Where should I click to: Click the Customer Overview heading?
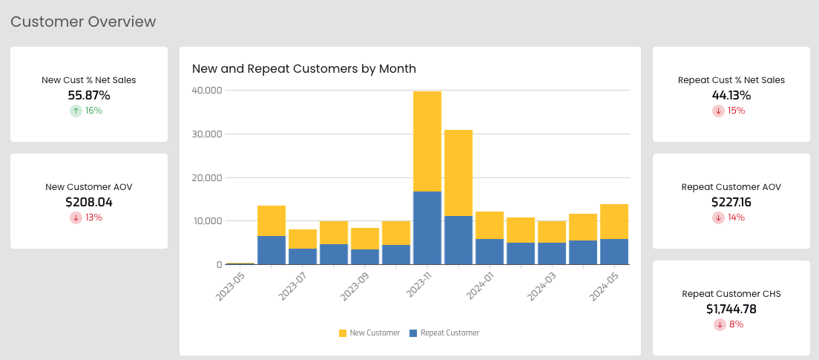tap(83, 22)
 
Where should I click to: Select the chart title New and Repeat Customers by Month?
tap(304, 68)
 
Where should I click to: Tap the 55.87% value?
tap(89, 95)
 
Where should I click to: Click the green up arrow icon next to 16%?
tap(76, 111)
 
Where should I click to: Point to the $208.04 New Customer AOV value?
tap(89, 202)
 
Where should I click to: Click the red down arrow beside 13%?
tap(76, 217)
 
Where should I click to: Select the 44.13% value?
tap(731, 95)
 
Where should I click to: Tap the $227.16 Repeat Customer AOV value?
tap(731, 202)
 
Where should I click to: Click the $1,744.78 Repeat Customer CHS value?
tap(731, 310)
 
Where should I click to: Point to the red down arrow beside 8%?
tap(720, 324)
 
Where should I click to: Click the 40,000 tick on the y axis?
tap(208, 90)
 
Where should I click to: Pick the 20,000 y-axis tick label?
tap(208, 177)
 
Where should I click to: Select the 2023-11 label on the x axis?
tap(420, 285)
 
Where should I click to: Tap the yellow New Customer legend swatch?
tap(343, 333)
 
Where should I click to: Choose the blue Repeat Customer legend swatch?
tap(413, 333)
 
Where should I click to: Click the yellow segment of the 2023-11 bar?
tap(427, 142)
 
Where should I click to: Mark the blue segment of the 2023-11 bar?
tap(427, 229)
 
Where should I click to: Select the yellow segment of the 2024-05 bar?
tap(614, 221)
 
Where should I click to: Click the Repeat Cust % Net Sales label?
tap(731, 80)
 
